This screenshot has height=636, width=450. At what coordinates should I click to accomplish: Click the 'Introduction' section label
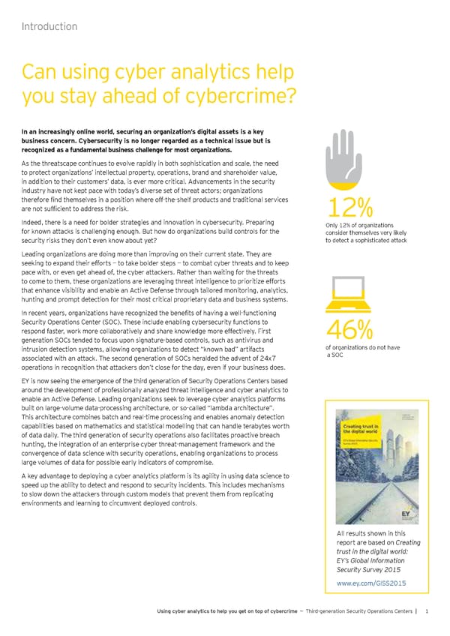pyautogui.click(x=49, y=27)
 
